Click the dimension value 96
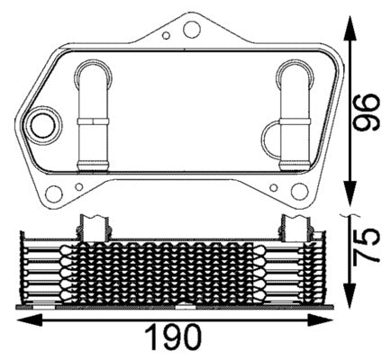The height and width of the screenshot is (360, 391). click(x=364, y=110)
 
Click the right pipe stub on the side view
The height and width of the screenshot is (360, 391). click(x=294, y=224)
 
